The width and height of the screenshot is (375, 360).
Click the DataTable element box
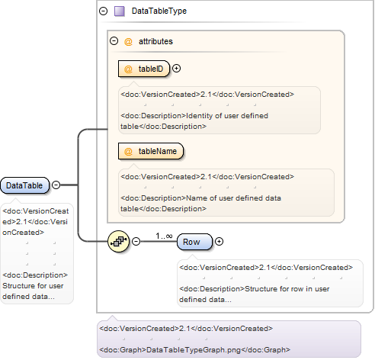tap(24, 185)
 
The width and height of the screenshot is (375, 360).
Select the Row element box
tap(194, 242)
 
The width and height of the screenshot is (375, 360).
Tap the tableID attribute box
tap(144, 69)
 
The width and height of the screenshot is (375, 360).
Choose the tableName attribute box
tap(151, 151)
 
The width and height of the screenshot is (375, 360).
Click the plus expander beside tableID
tap(177, 69)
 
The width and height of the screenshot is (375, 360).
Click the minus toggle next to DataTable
tap(56, 185)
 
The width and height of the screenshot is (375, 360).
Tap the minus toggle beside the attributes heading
tap(114, 40)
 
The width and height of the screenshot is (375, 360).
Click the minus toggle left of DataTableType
tap(103, 11)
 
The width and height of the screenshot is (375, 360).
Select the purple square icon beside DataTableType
tap(120, 11)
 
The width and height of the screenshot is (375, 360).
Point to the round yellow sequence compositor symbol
tap(118, 241)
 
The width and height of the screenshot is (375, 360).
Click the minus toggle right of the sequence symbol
tap(136, 241)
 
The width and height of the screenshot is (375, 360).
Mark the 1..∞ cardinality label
tap(164, 236)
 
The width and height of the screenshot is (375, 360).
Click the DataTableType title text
tap(159, 11)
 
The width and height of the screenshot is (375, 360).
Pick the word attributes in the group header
tap(155, 41)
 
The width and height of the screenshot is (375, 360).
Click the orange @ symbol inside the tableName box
tap(128, 151)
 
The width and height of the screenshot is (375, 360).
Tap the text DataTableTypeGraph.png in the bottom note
tap(194, 350)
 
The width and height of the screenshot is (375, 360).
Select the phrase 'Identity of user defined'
tap(227, 116)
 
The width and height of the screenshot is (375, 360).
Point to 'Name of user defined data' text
tap(234, 198)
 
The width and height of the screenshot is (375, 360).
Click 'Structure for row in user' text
tap(287, 289)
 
